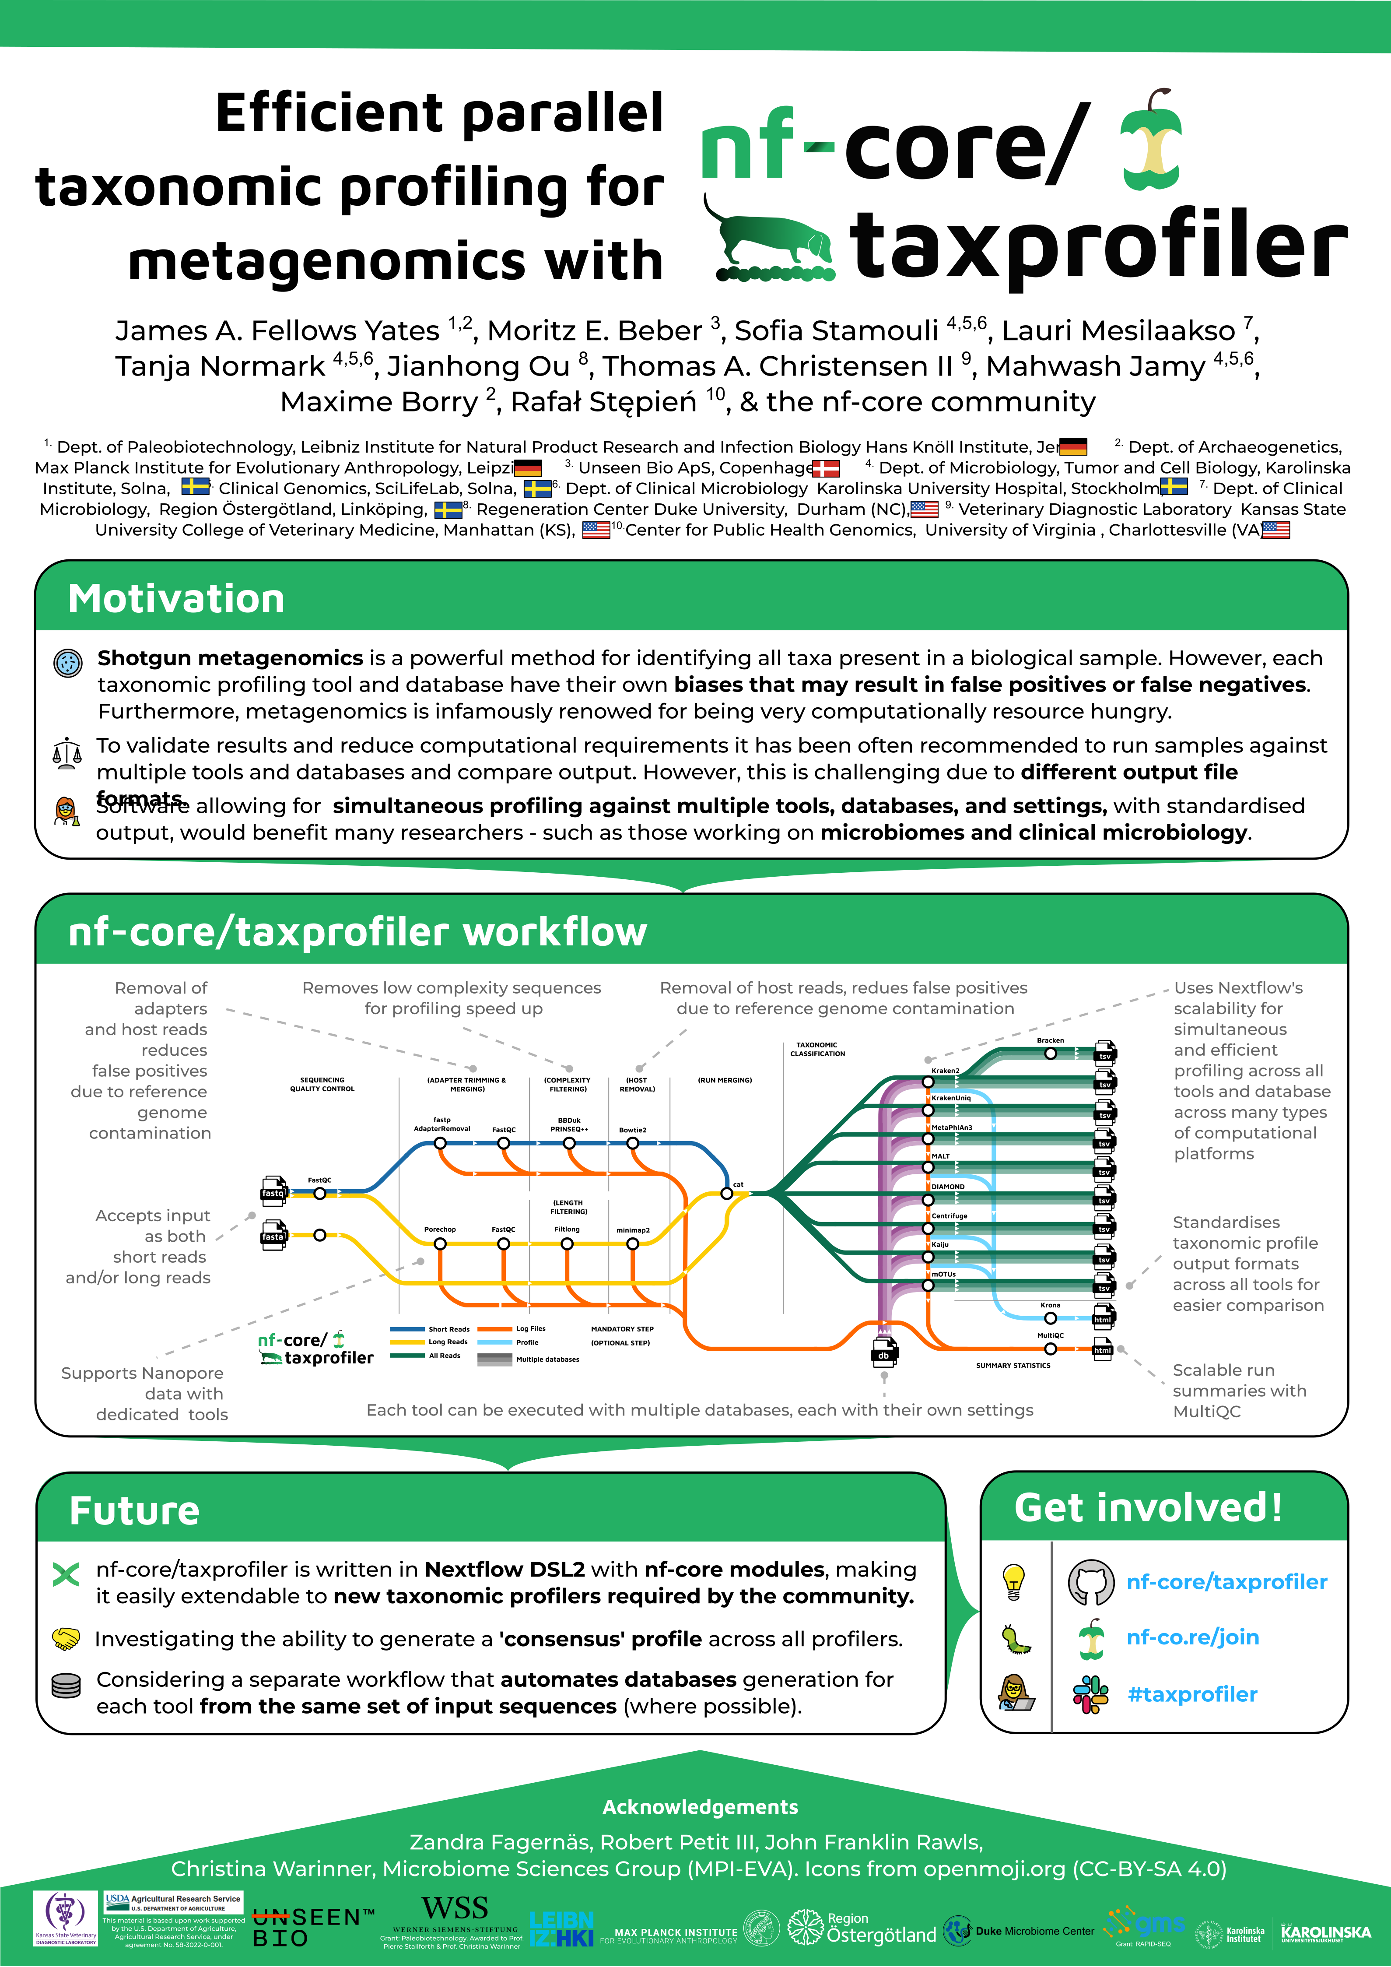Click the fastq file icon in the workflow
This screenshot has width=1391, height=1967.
coord(273,1191)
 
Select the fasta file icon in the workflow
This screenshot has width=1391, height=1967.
coord(273,1235)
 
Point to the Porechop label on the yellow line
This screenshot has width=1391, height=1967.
coord(439,1229)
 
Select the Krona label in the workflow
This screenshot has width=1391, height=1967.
coord(1050,1305)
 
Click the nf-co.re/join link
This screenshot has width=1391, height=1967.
coord(1192,1637)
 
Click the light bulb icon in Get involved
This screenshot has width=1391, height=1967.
coord(1013,1581)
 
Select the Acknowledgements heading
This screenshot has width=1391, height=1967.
coord(700,1807)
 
